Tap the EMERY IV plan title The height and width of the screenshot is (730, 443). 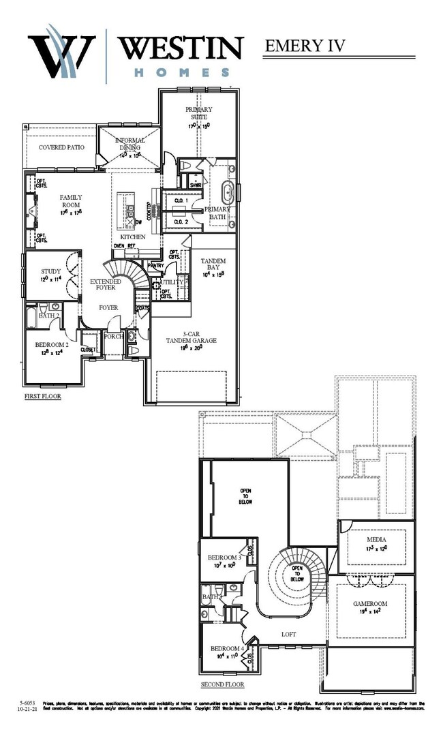click(x=304, y=46)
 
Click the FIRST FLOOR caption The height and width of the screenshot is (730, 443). click(x=42, y=396)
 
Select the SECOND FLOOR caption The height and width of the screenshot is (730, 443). click(x=222, y=684)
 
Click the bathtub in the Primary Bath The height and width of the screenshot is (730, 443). click(x=229, y=189)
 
